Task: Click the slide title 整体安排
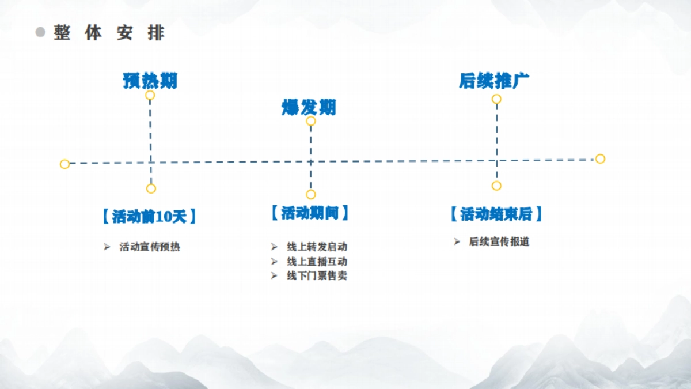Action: tap(109, 33)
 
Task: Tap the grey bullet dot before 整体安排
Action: tap(40, 32)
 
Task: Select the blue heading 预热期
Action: tap(150, 81)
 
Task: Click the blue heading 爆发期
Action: tap(309, 107)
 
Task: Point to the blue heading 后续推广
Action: tap(494, 81)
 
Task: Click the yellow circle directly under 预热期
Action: tap(150, 95)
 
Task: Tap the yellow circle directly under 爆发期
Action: tap(311, 121)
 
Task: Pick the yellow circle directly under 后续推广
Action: tap(496, 99)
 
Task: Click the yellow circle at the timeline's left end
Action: tap(64, 164)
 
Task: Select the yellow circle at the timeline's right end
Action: tap(600, 159)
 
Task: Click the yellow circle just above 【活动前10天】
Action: tap(151, 188)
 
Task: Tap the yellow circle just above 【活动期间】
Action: tap(311, 195)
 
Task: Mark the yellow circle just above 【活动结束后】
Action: tap(496, 186)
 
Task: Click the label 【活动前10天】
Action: tap(149, 217)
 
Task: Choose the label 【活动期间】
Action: tap(310, 213)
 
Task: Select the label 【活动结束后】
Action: tap(496, 214)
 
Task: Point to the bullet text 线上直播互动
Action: tap(317, 262)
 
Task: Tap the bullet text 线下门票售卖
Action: tap(317, 276)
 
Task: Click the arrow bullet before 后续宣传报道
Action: tap(457, 241)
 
